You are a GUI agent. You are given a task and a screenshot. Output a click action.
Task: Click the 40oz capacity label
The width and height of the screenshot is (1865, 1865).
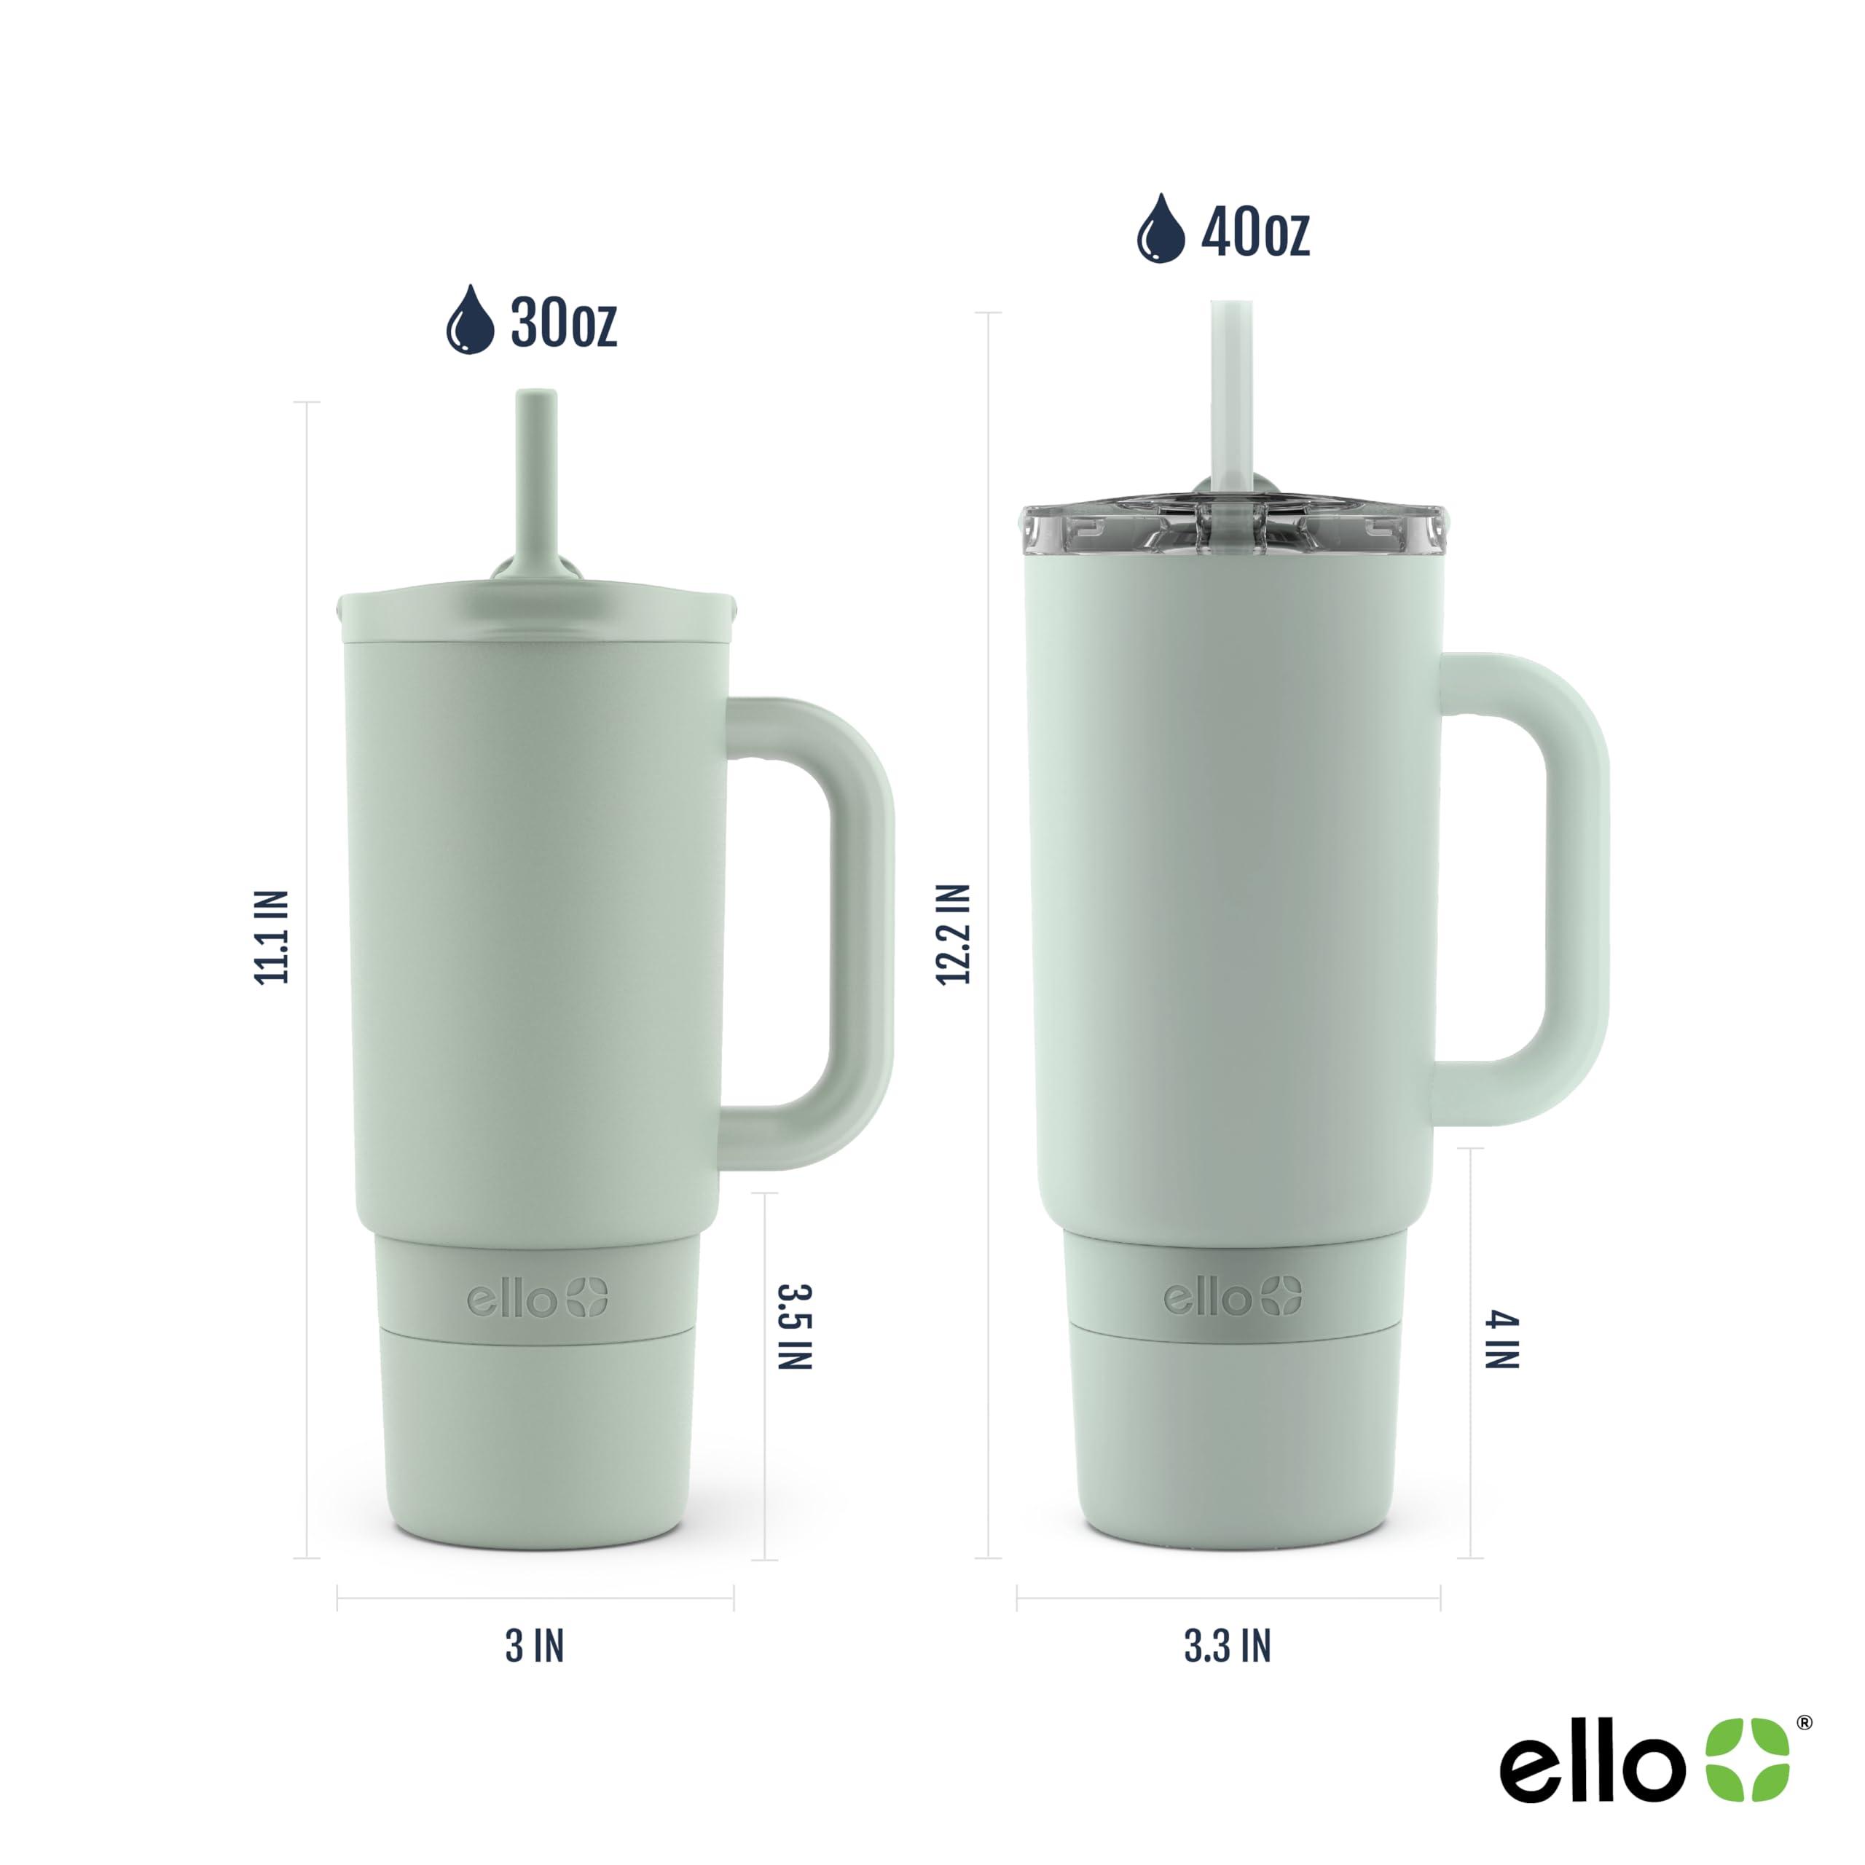click(x=1255, y=232)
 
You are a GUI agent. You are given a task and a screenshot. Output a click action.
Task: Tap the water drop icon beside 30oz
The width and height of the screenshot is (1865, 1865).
click(x=470, y=321)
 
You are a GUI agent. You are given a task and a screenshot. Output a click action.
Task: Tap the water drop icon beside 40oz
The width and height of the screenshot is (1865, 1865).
click(x=1161, y=229)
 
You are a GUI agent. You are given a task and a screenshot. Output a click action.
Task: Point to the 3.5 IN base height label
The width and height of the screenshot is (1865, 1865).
click(x=795, y=1327)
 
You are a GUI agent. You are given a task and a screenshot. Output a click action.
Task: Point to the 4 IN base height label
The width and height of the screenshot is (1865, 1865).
click(x=1502, y=1340)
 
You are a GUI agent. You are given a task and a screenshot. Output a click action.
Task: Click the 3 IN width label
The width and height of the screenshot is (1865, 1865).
click(x=535, y=1647)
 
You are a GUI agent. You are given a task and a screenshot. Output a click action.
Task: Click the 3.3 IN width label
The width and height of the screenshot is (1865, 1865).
click(x=1228, y=1647)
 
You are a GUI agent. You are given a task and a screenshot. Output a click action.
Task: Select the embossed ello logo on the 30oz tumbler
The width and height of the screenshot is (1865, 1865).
click(x=538, y=1300)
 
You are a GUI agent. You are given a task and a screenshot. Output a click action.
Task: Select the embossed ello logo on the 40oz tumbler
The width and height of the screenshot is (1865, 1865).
click(x=1233, y=1297)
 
